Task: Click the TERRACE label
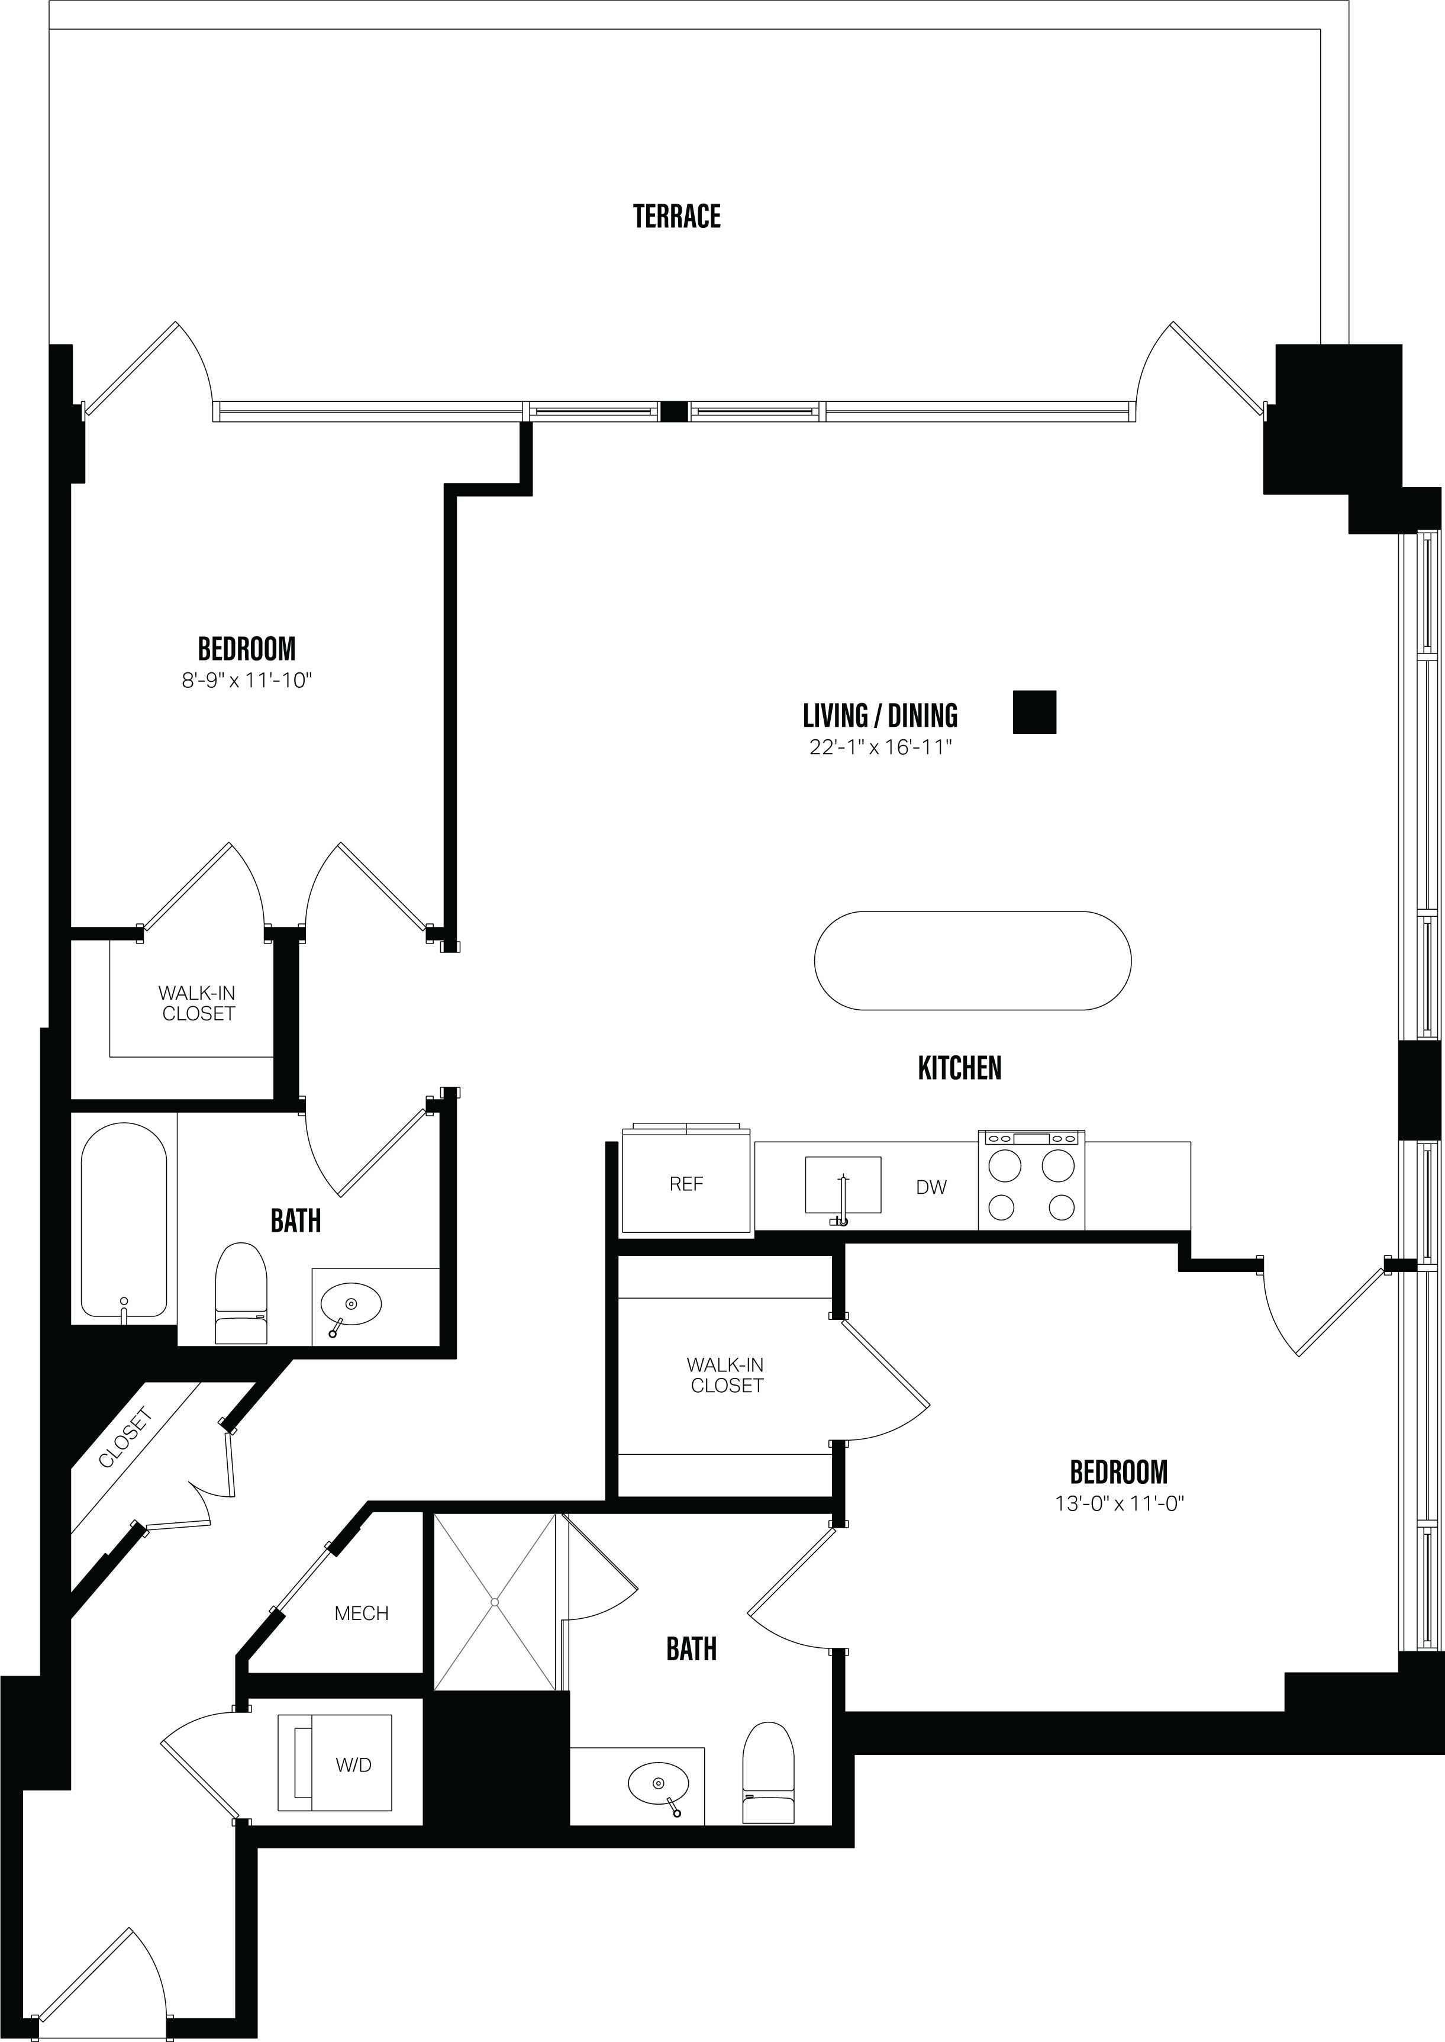[676, 216]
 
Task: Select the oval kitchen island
[973, 960]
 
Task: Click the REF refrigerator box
[686, 1183]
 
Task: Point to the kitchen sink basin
[843, 1184]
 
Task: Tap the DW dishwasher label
[931, 1187]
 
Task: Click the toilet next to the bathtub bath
[241, 1294]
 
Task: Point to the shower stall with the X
[495, 1602]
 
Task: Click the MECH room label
[361, 1613]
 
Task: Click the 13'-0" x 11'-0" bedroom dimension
[1118, 1504]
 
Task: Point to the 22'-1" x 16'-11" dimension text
[880, 748]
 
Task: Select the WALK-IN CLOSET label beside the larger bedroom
[726, 1375]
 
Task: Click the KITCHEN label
[959, 1068]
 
